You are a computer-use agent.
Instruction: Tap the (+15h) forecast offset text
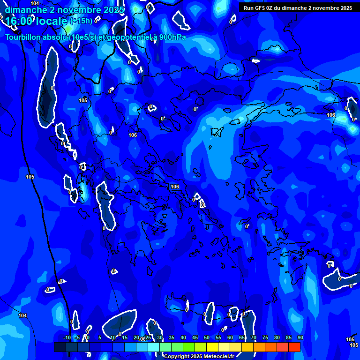pos(81,21)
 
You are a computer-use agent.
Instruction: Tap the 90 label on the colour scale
pos(300,337)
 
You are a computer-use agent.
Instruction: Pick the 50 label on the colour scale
pos(207,337)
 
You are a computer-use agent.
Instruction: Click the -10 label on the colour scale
pos(67,337)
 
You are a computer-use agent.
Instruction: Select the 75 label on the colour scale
pos(265,337)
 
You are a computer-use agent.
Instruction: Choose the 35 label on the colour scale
pos(172,337)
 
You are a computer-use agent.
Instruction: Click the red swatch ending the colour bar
pos(294,347)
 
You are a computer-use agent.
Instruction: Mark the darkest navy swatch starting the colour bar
pos(60,347)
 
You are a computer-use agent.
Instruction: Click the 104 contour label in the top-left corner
pos(35,3)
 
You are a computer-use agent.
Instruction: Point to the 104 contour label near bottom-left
pos(22,315)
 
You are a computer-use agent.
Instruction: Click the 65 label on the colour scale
pos(242,337)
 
